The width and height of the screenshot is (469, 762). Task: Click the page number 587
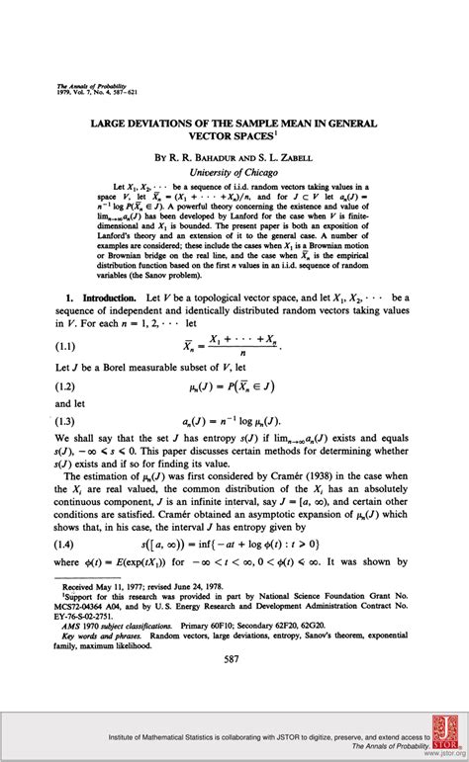click(x=234, y=658)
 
